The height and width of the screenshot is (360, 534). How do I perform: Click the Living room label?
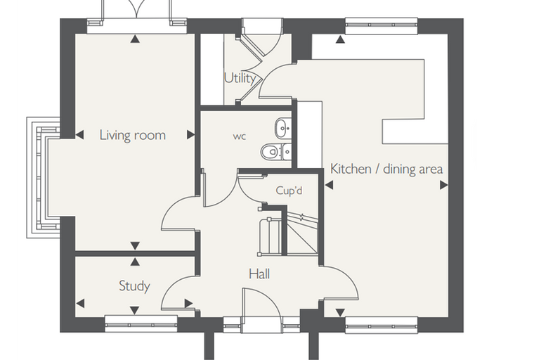(x=133, y=135)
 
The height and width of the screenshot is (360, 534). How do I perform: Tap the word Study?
(x=134, y=285)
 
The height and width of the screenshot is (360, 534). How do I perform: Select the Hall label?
(x=259, y=274)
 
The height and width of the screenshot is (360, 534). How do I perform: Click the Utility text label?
(x=240, y=79)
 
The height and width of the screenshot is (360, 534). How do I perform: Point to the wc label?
(x=240, y=136)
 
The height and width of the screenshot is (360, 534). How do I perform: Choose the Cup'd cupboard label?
(x=289, y=191)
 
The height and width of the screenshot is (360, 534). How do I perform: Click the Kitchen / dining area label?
(x=386, y=169)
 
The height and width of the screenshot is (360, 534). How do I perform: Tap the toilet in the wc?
(x=276, y=151)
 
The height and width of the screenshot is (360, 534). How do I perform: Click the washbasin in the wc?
(x=283, y=128)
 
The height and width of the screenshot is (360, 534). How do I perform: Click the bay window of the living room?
(x=44, y=177)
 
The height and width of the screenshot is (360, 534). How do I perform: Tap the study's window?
(x=141, y=323)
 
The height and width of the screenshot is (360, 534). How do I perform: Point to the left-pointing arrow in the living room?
(x=79, y=135)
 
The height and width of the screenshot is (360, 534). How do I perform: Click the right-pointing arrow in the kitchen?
(x=444, y=185)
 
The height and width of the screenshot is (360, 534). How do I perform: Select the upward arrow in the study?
(x=135, y=262)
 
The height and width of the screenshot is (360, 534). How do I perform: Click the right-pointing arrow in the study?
(x=189, y=303)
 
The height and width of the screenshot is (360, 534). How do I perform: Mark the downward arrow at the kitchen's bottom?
(x=340, y=312)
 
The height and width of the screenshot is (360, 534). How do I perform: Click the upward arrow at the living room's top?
(x=135, y=39)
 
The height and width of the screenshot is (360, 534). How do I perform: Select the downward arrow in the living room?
(x=135, y=245)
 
